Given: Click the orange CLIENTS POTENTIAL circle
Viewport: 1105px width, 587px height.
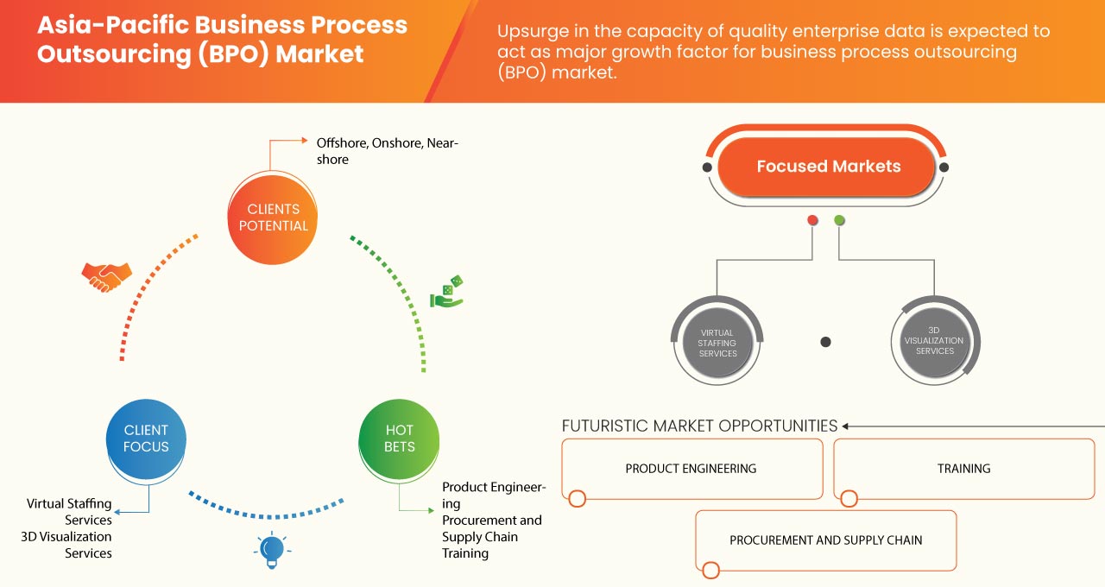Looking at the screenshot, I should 273,218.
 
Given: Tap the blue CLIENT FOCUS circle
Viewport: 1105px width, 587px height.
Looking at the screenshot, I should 146,439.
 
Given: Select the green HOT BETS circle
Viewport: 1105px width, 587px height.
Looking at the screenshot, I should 399,439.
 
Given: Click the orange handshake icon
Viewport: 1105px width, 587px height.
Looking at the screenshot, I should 106,276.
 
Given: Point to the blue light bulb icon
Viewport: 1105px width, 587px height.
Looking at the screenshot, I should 272,550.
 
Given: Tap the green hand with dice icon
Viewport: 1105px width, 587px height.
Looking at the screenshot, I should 447,292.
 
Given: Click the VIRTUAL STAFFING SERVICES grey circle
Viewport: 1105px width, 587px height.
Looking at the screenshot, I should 717,343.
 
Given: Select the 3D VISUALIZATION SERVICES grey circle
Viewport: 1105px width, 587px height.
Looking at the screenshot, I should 935,340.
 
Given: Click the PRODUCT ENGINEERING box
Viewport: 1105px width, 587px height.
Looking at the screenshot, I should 691,469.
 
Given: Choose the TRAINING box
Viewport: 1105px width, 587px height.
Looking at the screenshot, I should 963,469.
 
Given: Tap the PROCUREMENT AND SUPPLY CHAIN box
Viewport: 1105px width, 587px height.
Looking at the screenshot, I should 826,540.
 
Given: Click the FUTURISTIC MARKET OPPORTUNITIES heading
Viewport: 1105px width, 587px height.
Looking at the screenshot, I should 699,426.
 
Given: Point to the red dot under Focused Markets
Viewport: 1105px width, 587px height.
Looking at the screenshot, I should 812,221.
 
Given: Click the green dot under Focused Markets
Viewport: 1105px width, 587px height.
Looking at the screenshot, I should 840,221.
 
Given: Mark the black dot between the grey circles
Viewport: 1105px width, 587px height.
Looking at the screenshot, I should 825,343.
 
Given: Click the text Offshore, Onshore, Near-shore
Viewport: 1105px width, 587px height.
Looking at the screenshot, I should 387,150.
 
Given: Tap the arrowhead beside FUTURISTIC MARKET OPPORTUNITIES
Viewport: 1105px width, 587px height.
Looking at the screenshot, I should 846,426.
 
